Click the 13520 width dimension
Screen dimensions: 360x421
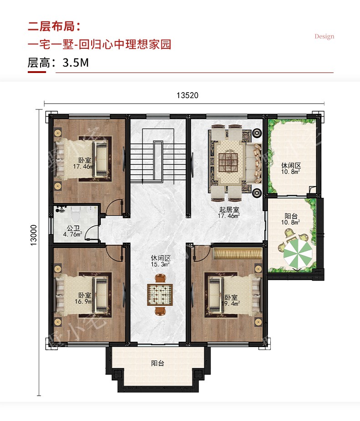[187, 95]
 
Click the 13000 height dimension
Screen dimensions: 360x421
[33, 235]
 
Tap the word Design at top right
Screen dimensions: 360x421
[324, 36]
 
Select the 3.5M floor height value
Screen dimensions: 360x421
[76, 62]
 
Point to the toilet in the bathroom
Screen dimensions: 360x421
[76, 213]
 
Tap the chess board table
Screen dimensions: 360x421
[160, 294]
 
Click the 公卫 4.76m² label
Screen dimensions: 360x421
[73, 231]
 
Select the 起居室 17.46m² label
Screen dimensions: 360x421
[229, 213]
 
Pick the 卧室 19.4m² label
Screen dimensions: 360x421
[231, 300]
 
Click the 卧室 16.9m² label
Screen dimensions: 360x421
[84, 298]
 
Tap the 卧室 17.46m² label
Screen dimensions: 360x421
[84, 163]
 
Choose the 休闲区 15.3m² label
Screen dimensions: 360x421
[160, 261]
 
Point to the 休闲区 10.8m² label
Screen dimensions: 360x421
[291, 169]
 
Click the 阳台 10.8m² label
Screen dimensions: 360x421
[291, 219]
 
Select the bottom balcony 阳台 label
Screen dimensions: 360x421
[158, 363]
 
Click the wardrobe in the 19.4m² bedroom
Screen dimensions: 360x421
[238, 254]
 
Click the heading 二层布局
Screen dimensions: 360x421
[54, 26]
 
